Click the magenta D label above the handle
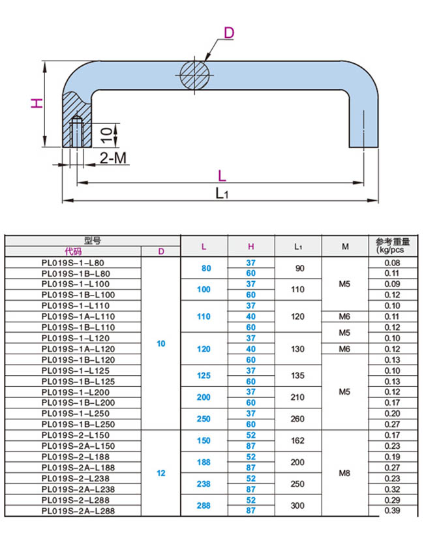[x=228, y=33]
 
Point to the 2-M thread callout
[x=113, y=157]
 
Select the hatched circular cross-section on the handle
[x=196, y=74]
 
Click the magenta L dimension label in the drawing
[x=222, y=175]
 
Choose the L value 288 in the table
[x=204, y=505]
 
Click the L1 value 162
[x=297, y=440]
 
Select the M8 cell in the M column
[x=345, y=473]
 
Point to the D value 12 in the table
[x=161, y=473]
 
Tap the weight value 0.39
[x=392, y=511]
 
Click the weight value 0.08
[x=392, y=262]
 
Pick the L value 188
[x=204, y=462]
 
